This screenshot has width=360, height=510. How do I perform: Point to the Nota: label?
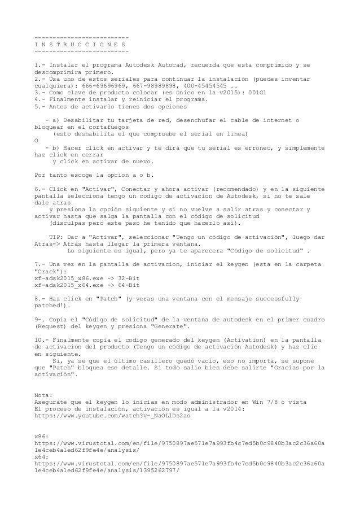(45, 394)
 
